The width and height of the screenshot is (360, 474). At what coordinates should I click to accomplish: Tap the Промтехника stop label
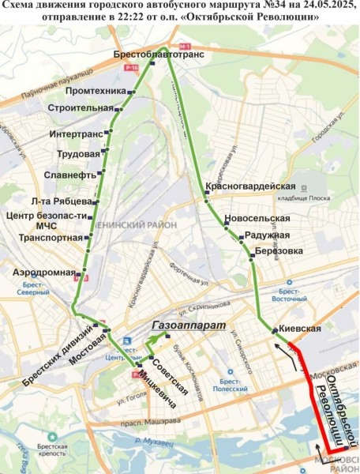pyautogui.click(x=97, y=91)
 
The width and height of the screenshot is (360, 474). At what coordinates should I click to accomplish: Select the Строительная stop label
pyautogui.click(x=80, y=107)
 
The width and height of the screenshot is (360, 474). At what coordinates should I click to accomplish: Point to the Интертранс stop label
pyautogui.click(x=74, y=134)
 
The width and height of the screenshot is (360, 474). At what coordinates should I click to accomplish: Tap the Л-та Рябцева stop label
pyautogui.click(x=61, y=201)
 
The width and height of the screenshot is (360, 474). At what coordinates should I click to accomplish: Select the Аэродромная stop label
pyautogui.click(x=43, y=272)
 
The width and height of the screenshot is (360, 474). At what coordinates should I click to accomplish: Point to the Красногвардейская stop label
pyautogui.click(x=250, y=186)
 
